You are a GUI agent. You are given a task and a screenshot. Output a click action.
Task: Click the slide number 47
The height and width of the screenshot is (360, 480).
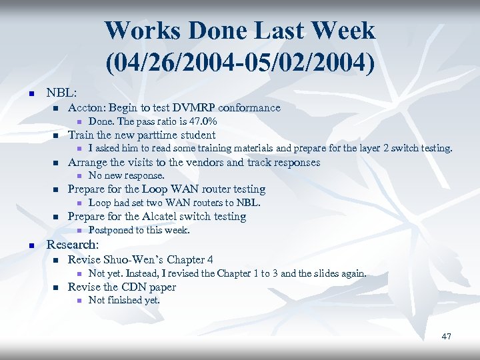(446, 336)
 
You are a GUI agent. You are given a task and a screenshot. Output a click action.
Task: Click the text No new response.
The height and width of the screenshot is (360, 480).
(126, 175)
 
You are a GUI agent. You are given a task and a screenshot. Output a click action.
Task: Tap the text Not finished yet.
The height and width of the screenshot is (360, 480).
(124, 300)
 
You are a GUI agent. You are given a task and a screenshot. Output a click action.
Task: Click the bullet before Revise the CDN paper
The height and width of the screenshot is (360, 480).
(56, 287)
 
